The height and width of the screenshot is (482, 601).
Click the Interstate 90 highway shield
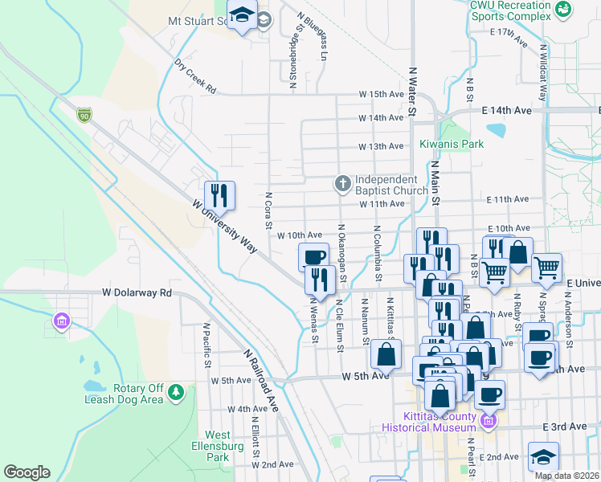pos(84,116)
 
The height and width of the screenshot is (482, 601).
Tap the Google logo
pos(27,472)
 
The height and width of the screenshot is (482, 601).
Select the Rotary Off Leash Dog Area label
pos(124,392)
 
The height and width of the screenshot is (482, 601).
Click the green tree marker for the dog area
pos(175,393)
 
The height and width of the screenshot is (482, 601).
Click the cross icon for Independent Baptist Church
pos(342,185)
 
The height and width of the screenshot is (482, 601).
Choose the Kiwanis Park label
pos(452,145)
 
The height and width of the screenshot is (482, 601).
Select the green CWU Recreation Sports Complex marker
pos(563,9)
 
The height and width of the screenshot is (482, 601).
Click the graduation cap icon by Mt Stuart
pos(241,15)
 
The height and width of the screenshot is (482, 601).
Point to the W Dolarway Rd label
pos(137,293)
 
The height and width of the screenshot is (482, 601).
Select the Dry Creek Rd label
pos(195,76)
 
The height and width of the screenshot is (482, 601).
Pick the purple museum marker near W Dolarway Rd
pos(61,322)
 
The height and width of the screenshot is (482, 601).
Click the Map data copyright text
pos(566,476)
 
